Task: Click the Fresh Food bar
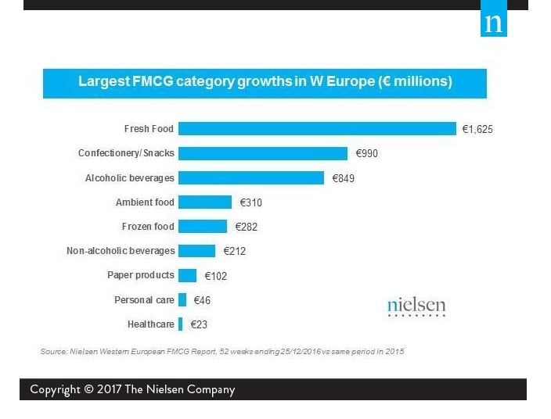[x=317, y=128]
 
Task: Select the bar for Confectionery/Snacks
[x=263, y=153]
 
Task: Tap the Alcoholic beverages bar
[x=251, y=177]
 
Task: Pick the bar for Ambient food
[x=205, y=202]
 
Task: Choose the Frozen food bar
[x=203, y=227]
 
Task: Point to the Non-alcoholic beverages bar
[x=196, y=251]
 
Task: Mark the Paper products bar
[x=187, y=275]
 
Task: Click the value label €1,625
[x=477, y=129]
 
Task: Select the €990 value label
[x=366, y=153]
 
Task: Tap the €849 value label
[x=344, y=178]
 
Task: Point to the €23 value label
[x=199, y=324]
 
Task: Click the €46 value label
[x=202, y=300]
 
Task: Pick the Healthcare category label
[x=151, y=324]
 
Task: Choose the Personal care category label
[x=144, y=300]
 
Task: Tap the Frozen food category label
[x=148, y=227]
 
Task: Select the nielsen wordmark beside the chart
[x=416, y=306]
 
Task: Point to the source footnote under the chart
[x=222, y=352]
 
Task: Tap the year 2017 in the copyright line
[x=114, y=389]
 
